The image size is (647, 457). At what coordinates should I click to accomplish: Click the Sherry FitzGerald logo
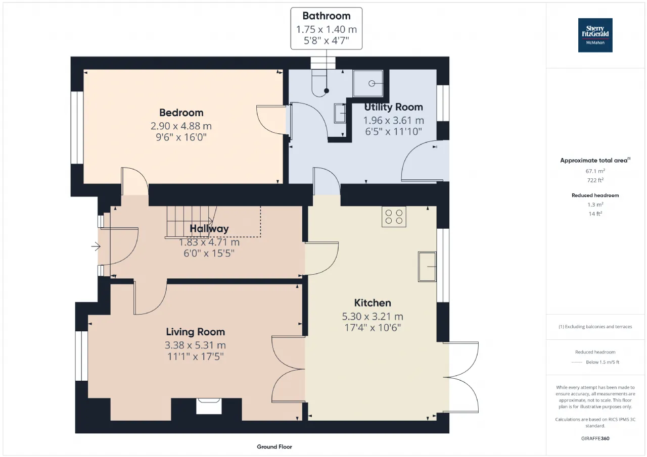click(x=595, y=35)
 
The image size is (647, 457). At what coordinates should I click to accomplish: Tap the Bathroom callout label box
click(x=327, y=28)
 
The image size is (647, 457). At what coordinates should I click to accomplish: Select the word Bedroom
click(x=181, y=113)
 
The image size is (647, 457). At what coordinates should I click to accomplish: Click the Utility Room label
click(x=393, y=107)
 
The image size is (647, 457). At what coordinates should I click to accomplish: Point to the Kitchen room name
click(x=373, y=303)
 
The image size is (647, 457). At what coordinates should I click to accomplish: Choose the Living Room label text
click(x=196, y=332)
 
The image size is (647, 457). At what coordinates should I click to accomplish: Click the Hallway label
click(x=209, y=229)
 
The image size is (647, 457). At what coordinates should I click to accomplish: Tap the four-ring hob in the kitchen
click(x=394, y=217)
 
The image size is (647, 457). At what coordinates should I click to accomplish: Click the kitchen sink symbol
click(x=427, y=267)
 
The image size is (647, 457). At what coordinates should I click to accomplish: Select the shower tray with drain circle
click(x=368, y=83)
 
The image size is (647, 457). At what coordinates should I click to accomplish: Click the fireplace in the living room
click(x=209, y=406)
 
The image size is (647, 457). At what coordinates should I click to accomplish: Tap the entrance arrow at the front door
click(x=96, y=246)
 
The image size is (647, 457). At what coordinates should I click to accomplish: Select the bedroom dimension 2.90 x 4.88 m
click(x=181, y=126)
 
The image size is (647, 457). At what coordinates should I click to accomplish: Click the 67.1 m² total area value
click(x=595, y=171)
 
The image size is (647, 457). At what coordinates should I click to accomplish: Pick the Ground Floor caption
click(x=274, y=446)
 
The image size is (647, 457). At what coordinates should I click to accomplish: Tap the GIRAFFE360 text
click(x=595, y=438)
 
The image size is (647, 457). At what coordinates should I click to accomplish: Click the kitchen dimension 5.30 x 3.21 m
click(x=373, y=317)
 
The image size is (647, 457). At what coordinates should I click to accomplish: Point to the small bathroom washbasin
click(x=340, y=114)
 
